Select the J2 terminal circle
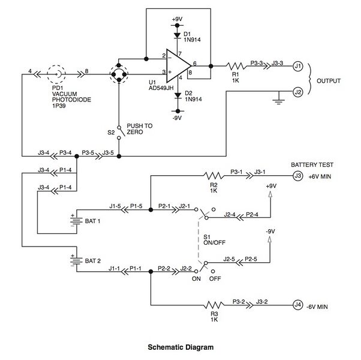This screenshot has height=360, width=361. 297,92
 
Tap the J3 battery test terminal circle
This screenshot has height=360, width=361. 297,176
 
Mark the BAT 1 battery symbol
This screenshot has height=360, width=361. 76,221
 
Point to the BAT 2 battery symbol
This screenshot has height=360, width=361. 76,262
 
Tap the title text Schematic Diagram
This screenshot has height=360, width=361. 180,346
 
